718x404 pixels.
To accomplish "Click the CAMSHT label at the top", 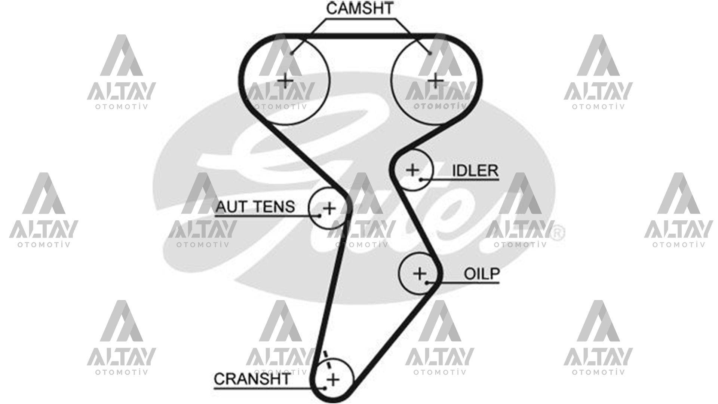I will pyautogui.click(x=359, y=8).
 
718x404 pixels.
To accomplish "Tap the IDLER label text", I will pyautogui.click(x=475, y=171).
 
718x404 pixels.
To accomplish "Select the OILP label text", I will pyautogui.click(x=482, y=274).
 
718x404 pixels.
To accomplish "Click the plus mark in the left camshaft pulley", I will pyautogui.click(x=286, y=80).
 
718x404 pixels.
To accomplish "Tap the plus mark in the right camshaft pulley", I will pyautogui.click(x=435, y=80).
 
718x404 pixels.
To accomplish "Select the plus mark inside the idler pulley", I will pyautogui.click(x=413, y=170).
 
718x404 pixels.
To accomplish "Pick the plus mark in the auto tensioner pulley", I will pyautogui.click(x=329, y=208).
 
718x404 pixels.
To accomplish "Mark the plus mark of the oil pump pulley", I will pyautogui.click(x=420, y=273).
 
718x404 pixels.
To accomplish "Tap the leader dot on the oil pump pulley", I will pyautogui.click(x=427, y=282).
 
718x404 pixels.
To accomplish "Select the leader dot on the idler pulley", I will pyautogui.click(x=421, y=180).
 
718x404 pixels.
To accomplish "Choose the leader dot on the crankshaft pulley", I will pyautogui.click(x=325, y=388).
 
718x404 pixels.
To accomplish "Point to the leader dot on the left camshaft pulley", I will pyautogui.click(x=291, y=53).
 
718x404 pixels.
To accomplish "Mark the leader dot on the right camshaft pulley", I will pyautogui.click(x=430, y=53).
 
